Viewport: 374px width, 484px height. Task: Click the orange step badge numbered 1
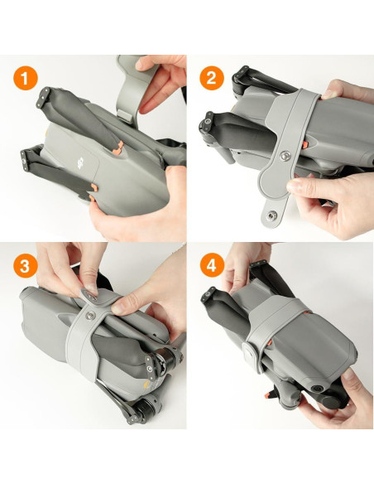point(26,79)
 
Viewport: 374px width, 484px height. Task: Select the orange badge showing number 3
point(26,267)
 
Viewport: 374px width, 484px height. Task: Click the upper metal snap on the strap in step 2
point(285,155)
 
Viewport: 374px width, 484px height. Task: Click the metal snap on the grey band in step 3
point(89,291)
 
